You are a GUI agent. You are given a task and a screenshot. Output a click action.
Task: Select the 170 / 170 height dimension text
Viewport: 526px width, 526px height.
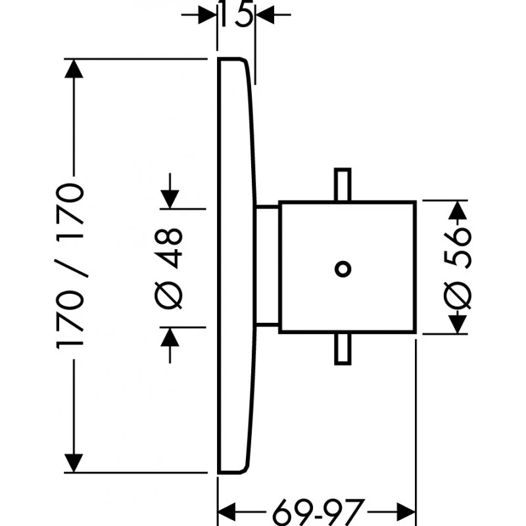point(71,266)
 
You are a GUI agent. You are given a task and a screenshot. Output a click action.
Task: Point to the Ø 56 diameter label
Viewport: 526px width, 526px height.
point(458,267)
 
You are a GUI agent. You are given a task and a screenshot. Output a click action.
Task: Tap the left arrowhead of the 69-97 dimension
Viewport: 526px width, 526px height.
point(227,509)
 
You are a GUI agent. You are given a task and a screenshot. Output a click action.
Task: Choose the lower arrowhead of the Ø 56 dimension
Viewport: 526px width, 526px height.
point(458,323)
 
